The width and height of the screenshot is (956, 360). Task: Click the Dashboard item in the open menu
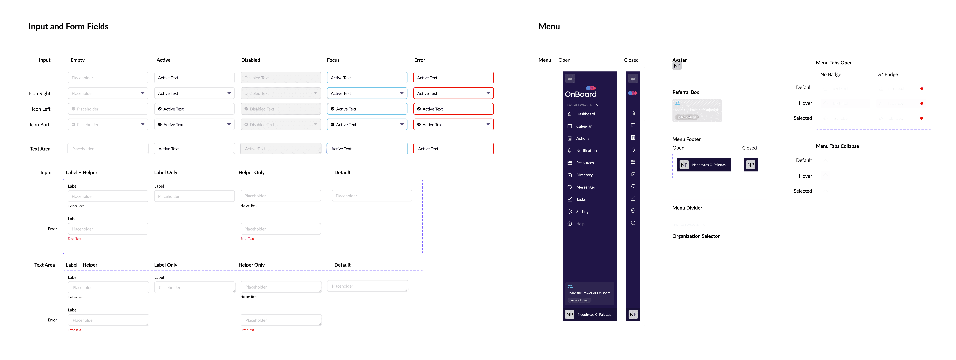(585, 114)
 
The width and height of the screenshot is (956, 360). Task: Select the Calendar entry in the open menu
(584, 126)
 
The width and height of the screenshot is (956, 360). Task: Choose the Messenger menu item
(585, 187)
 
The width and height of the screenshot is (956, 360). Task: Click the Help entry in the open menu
(580, 224)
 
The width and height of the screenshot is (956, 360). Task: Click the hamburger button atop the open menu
(570, 78)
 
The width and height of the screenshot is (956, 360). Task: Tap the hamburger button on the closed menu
(633, 78)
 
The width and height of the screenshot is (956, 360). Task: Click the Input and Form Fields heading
(69, 26)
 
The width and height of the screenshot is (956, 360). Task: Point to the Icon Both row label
(40, 125)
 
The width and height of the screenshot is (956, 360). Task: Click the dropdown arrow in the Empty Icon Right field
(142, 93)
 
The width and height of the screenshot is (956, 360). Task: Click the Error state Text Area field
(453, 148)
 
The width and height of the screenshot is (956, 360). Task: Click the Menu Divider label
(687, 208)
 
